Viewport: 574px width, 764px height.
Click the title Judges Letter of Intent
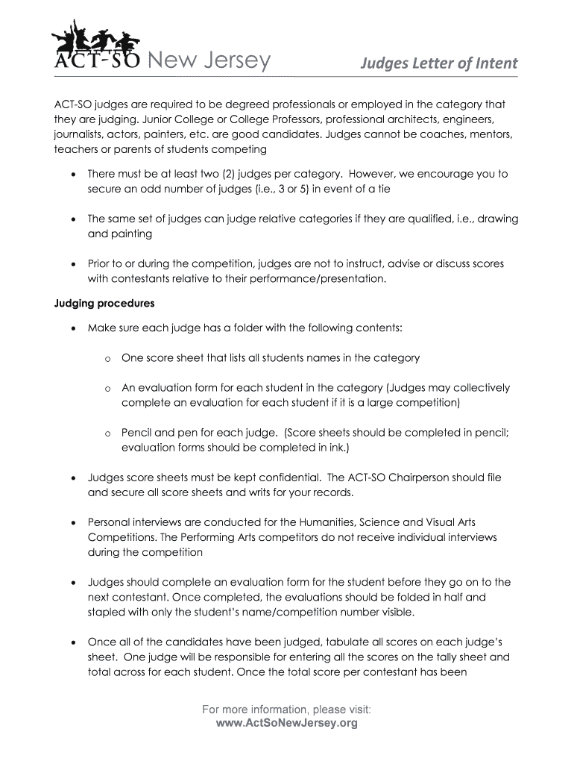pyautogui.click(x=439, y=63)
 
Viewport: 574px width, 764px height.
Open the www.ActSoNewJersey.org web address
pyautogui.click(x=287, y=723)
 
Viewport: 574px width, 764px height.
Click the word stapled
pyautogui.click(x=107, y=612)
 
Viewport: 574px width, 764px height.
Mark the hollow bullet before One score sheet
pyautogui.click(x=107, y=359)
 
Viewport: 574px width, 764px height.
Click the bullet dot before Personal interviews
pyautogui.click(x=72, y=522)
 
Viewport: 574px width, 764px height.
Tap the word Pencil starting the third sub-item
pyautogui.click(x=137, y=433)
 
